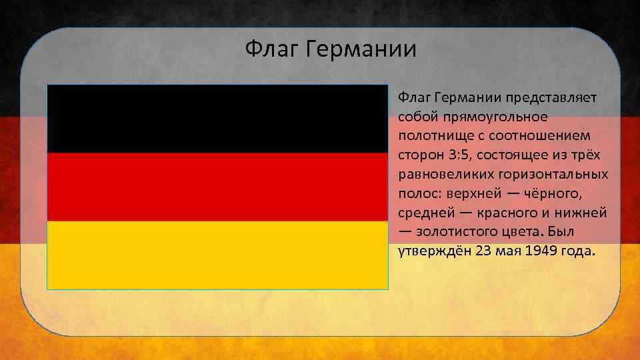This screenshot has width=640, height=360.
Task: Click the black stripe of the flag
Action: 217,119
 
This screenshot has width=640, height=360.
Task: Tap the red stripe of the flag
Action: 217,187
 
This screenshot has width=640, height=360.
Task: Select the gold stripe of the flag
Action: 217,255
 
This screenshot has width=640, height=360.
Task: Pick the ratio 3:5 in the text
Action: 448,155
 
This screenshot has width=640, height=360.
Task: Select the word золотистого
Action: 456,233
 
